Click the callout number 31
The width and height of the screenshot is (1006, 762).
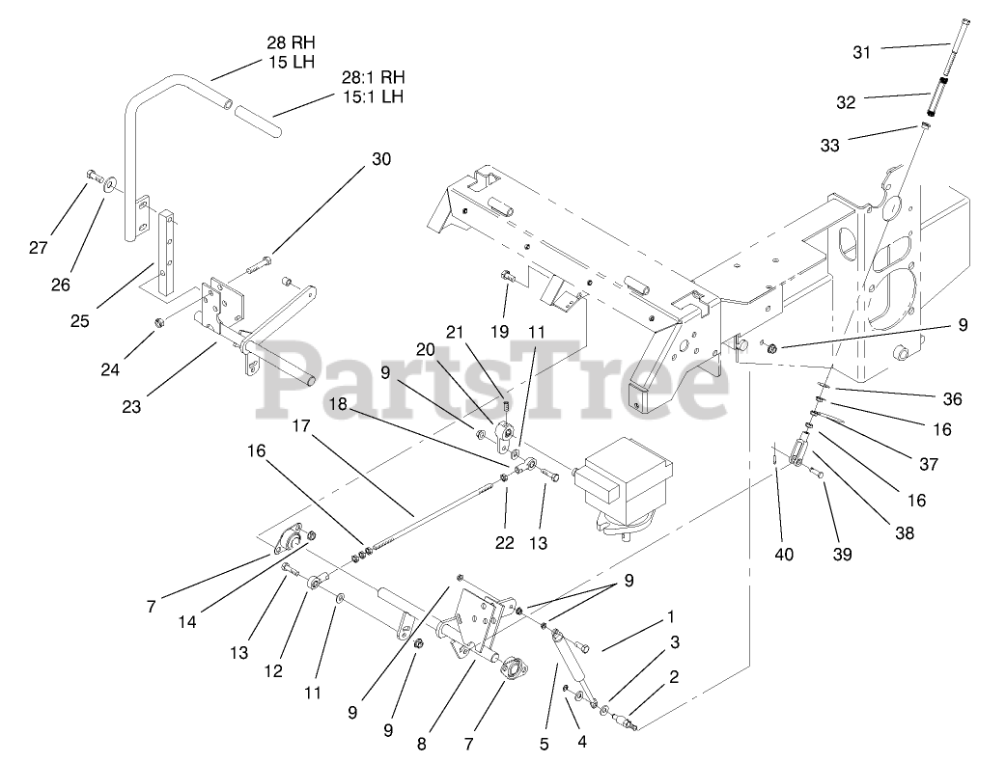[861, 52]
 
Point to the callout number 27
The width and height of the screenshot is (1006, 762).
[38, 248]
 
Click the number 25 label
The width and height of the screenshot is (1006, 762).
[79, 319]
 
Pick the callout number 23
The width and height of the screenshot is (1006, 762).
[130, 407]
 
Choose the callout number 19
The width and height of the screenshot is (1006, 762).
[498, 332]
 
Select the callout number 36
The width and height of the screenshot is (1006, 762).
[952, 399]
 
